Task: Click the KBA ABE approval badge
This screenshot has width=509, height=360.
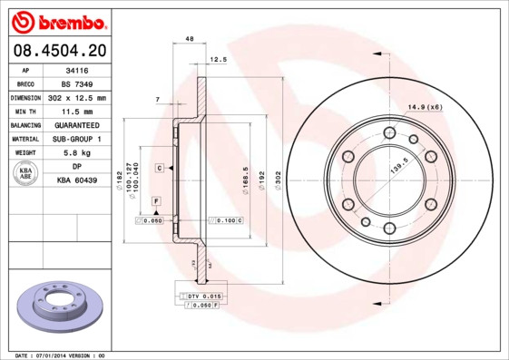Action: [27, 174]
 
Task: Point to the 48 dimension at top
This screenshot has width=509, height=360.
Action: [189, 40]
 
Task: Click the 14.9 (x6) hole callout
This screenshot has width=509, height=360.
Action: [425, 108]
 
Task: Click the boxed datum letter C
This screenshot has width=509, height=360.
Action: [159, 169]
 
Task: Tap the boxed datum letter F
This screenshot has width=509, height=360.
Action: [156, 199]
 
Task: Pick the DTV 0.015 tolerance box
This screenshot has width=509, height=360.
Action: [202, 297]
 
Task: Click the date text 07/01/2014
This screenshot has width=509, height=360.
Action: [58, 355]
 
